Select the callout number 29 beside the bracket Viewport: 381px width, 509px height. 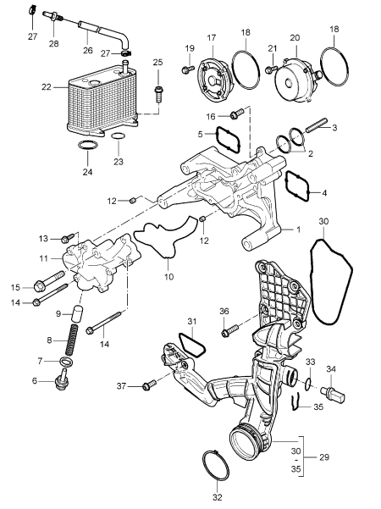click(324, 457)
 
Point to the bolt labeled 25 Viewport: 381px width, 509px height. click(158, 94)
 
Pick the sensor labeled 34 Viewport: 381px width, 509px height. click(333, 394)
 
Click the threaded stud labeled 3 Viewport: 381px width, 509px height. click(314, 125)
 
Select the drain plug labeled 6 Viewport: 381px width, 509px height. click(62, 379)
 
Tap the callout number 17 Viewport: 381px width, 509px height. click(212, 38)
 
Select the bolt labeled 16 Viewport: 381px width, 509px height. click(236, 113)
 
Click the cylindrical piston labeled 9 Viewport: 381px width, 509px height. click(77, 312)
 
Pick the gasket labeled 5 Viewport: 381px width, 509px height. click(228, 140)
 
